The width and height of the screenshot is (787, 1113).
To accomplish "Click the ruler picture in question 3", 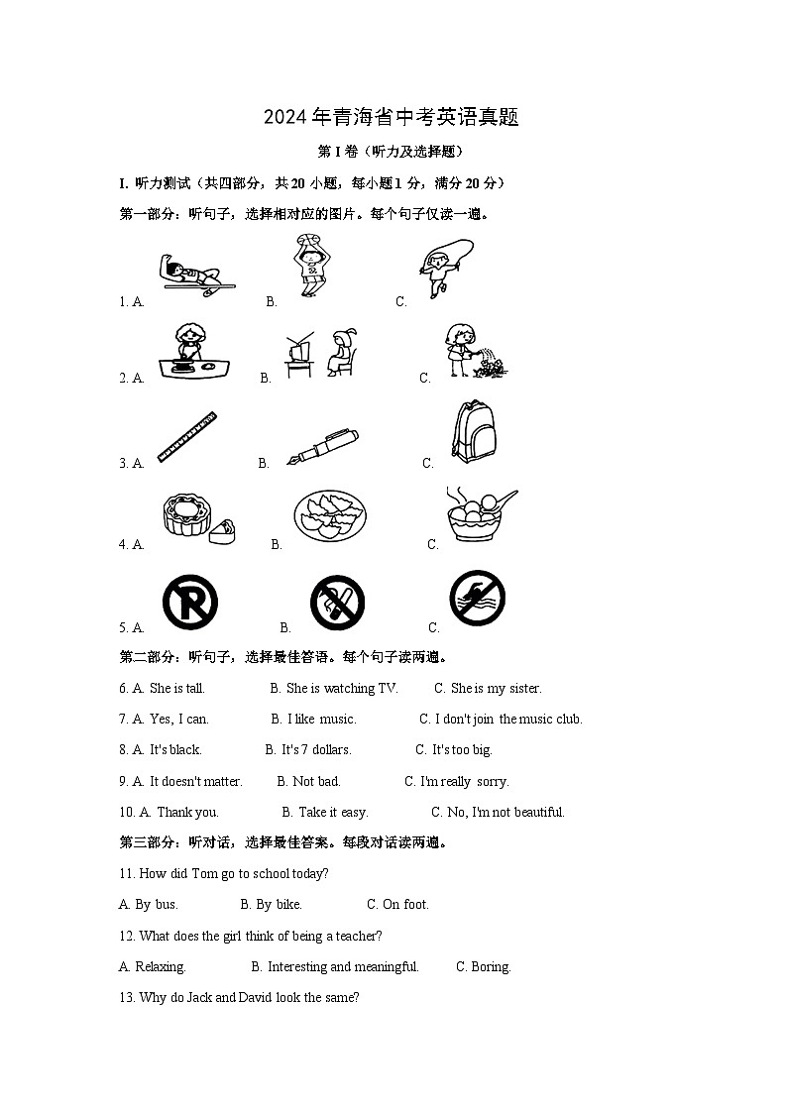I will pos(187,438).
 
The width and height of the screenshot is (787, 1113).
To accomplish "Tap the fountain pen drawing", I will pos(322,446).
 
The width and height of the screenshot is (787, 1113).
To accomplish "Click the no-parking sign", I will pos(189,602).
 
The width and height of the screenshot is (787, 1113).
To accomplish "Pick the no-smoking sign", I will pos(337,602).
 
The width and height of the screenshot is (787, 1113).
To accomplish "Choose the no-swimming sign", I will pos(477,599).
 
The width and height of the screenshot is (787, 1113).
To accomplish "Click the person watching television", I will pos(324,354).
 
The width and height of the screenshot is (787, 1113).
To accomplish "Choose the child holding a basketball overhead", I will pos(311,266).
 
